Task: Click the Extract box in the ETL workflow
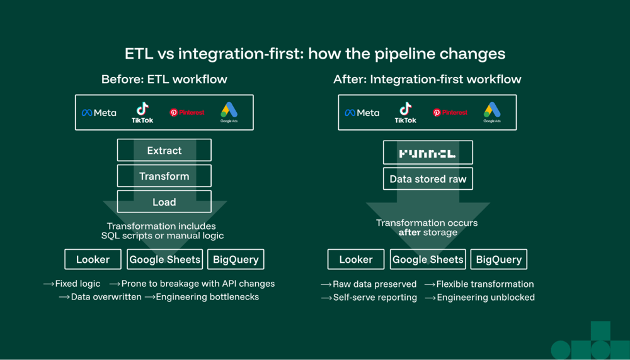pos(164,151)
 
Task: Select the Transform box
pos(164,177)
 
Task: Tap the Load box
pos(164,202)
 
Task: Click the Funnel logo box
pos(427,153)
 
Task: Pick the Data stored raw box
pos(428,179)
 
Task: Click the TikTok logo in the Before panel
pos(142,113)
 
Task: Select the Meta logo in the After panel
pos(362,113)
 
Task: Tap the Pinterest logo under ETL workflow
pos(187,113)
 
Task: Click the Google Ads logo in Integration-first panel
pos(492,113)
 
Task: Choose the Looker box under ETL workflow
pos(93,259)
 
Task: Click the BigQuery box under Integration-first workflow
pos(498,259)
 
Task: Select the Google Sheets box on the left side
pos(164,259)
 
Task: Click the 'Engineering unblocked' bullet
pos(485,298)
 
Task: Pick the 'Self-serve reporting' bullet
pos(374,298)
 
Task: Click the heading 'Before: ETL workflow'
pos(164,79)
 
